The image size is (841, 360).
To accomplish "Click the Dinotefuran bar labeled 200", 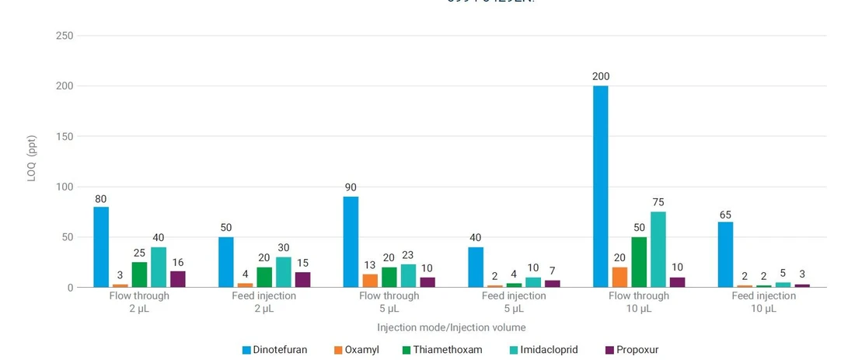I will click(x=600, y=187).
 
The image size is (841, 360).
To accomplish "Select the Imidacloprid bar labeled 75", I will click(x=658, y=250).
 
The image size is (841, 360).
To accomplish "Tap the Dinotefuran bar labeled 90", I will click(x=351, y=242).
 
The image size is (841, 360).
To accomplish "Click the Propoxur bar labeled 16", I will click(x=177, y=279).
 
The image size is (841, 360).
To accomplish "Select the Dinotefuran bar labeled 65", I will click(x=724, y=254).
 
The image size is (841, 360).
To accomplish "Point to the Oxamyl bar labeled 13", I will click(x=370, y=281).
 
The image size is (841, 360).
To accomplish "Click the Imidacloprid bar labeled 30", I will click(x=283, y=272).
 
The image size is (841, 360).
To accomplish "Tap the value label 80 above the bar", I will click(x=101, y=199).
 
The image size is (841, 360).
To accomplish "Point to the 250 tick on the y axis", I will click(x=65, y=36).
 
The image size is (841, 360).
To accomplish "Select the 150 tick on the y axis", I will click(x=65, y=137).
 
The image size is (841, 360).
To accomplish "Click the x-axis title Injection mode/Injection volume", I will click(x=451, y=327).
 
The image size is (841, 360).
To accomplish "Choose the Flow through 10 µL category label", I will click(x=638, y=302).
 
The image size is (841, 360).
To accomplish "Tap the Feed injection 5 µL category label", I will click(x=514, y=302).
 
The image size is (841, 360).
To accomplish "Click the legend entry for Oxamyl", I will click(x=356, y=350).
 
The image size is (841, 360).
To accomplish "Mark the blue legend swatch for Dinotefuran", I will click(x=246, y=350).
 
